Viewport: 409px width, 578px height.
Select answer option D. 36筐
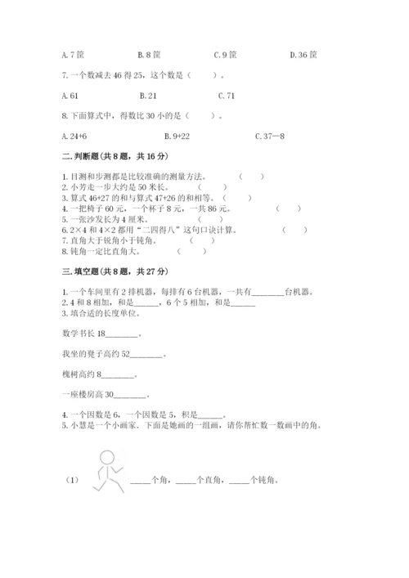pos(303,55)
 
